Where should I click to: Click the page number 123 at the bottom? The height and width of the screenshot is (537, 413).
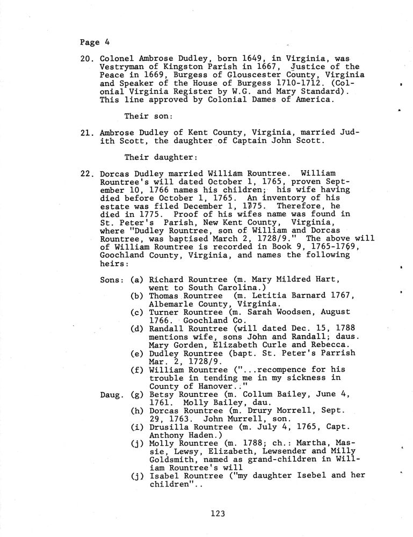[218, 514]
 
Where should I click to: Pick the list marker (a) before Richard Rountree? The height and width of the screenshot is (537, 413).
[137, 280]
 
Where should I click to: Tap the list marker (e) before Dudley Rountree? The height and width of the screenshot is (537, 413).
[137, 353]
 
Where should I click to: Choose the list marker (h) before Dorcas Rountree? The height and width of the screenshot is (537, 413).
[137, 411]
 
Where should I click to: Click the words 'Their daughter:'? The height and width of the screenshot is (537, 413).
[154, 158]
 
